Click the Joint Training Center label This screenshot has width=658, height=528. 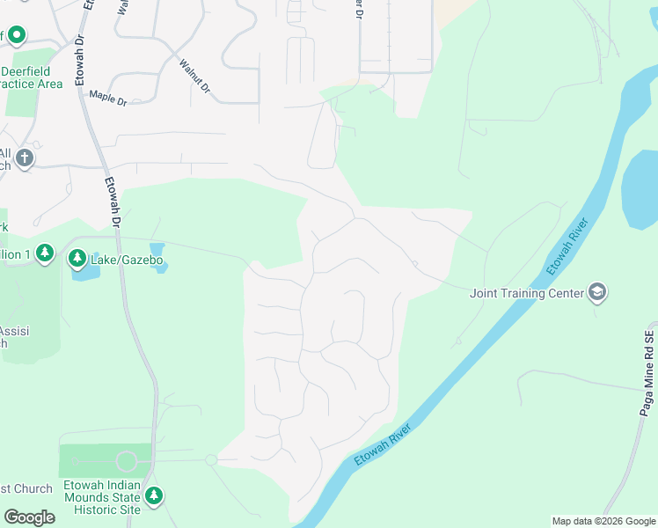click(527, 293)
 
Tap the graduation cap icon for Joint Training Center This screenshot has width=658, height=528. click(597, 292)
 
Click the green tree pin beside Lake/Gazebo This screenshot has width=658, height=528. click(78, 259)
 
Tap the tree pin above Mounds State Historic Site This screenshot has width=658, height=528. click(154, 496)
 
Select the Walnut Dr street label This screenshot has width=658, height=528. click(194, 77)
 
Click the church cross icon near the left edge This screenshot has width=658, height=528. click(24, 159)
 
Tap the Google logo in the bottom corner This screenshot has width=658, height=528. click(29, 517)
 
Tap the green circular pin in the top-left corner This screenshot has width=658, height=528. click(17, 35)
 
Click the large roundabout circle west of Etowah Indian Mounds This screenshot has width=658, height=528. click(127, 461)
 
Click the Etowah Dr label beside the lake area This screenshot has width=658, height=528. click(113, 203)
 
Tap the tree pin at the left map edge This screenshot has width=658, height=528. click(46, 254)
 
